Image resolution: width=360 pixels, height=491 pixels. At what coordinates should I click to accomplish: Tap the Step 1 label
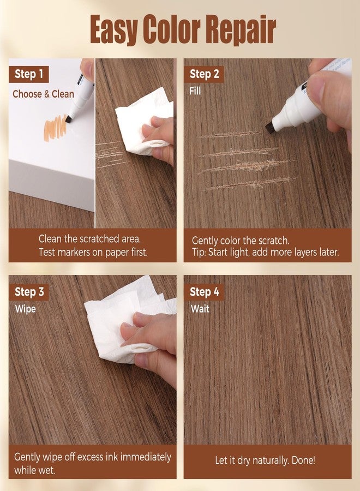point(29,74)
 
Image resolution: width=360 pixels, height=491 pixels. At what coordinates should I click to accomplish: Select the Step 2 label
point(204,74)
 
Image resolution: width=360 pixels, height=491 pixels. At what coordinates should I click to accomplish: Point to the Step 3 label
point(29,292)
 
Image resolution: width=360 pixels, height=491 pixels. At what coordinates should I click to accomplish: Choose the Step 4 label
point(204,292)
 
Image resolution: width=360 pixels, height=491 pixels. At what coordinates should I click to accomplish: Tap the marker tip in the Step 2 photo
point(269,128)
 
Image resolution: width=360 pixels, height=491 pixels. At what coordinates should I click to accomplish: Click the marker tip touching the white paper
point(69,119)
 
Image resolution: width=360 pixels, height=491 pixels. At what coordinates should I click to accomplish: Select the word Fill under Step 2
point(195,91)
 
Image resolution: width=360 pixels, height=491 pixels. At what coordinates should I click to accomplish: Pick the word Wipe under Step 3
point(25,309)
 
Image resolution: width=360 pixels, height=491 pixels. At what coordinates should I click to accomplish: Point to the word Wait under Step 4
point(200,309)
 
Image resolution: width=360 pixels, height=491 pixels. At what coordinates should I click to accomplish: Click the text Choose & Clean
point(44,94)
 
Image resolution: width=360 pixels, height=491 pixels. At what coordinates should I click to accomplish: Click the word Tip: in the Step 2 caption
point(199,252)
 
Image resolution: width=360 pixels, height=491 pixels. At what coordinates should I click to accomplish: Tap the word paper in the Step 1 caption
point(116,253)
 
